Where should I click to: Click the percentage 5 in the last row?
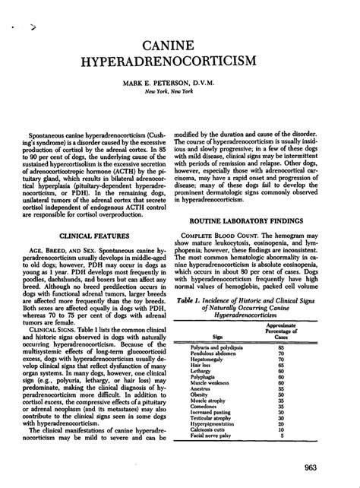pyautogui.click(x=303, y=457)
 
